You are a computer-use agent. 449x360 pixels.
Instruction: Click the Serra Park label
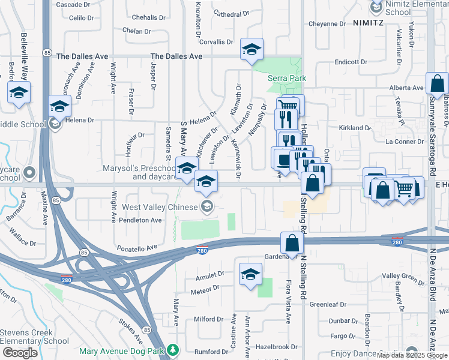click(x=287, y=78)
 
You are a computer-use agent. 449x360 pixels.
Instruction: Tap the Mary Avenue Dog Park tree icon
click(x=173, y=349)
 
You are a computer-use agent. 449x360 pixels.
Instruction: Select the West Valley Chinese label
click(x=160, y=207)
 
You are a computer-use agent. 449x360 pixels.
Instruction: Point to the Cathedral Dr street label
click(x=231, y=14)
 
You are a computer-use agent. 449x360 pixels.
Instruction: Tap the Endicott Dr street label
click(x=351, y=62)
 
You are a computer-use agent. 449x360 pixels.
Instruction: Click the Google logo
click(x=19, y=353)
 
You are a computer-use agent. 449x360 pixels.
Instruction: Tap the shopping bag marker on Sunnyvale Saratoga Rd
click(x=437, y=84)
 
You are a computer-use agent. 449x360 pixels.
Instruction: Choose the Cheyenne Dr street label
click(x=327, y=24)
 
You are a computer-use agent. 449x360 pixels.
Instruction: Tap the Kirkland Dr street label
click(x=355, y=128)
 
